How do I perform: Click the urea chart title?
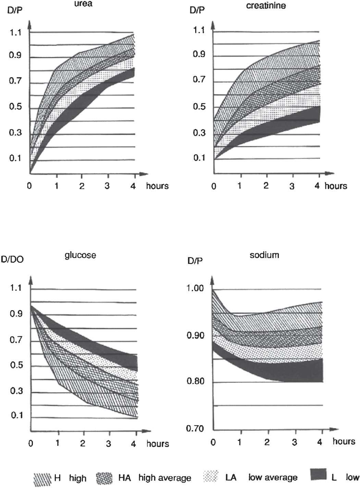[x=83, y=4]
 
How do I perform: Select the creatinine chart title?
[x=266, y=6]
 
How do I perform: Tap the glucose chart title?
[x=80, y=255]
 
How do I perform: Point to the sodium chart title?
[x=264, y=255]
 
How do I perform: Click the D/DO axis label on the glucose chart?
[x=12, y=259]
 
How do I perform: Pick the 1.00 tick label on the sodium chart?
[x=195, y=288]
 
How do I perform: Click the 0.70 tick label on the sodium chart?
[x=195, y=428]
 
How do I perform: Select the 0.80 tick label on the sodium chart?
[x=195, y=381]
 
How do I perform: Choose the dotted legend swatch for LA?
[x=211, y=476]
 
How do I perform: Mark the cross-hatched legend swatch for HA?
[x=104, y=477]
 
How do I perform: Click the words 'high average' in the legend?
[x=165, y=478]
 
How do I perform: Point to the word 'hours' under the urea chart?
[x=157, y=186]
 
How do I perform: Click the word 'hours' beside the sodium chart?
[x=344, y=441]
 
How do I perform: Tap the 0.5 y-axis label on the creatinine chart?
[x=199, y=107]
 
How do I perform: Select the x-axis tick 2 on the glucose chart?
[x=83, y=443]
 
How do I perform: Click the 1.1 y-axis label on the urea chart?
[x=15, y=33]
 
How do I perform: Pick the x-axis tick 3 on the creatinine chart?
[x=292, y=186]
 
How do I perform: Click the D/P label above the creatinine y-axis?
[x=197, y=10]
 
